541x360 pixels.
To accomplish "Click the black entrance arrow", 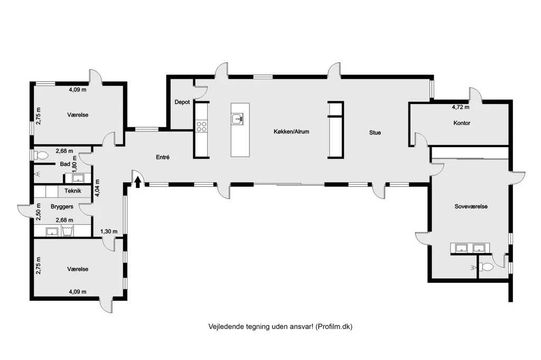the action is click(138, 182).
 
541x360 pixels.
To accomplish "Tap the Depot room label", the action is click(182, 102).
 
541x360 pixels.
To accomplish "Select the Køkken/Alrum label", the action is click(291, 131).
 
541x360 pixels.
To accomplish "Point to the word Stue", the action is click(375, 132).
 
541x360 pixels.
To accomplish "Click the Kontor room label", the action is click(462, 123).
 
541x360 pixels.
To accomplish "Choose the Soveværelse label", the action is click(471, 206).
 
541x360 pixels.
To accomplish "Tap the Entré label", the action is click(163, 157).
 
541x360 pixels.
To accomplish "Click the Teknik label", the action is click(73, 191).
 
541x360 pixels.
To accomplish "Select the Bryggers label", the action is click(62, 206).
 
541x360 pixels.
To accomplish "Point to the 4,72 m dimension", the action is click(461, 107).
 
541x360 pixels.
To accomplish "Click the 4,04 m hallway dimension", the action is click(98, 188).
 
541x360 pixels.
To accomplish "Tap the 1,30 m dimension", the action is click(109, 231).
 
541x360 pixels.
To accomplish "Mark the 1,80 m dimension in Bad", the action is click(74, 164).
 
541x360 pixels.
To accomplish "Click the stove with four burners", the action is click(201, 127).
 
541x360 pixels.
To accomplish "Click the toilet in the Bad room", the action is click(41, 156).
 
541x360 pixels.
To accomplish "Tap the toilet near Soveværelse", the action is click(487, 267).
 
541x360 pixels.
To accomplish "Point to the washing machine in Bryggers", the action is click(68, 231).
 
